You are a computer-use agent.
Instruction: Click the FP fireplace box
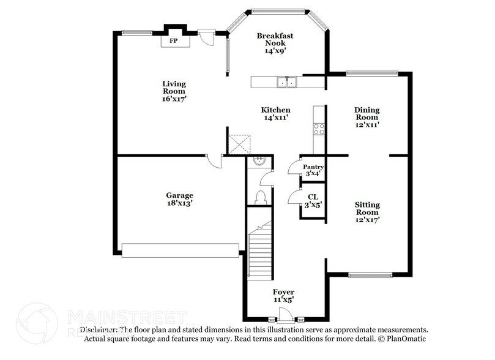click(x=174, y=40)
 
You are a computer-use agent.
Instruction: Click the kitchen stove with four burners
click(x=319, y=129)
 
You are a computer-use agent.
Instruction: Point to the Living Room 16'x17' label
click(x=174, y=91)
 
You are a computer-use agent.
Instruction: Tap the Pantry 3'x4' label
click(x=313, y=170)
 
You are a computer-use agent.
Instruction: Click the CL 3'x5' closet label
click(x=313, y=200)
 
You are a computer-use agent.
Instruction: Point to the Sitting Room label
click(x=367, y=212)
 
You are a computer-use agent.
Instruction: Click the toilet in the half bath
click(x=259, y=198)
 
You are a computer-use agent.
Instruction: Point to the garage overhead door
click(x=180, y=250)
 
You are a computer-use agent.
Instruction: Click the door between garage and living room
click(x=214, y=160)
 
